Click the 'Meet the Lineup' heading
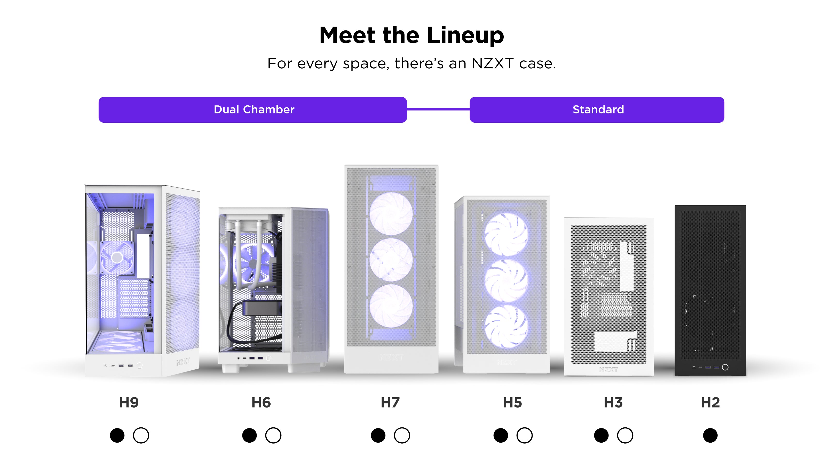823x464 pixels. coord(411,35)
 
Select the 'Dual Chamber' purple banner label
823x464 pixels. coord(254,110)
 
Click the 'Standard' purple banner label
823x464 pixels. coord(598,110)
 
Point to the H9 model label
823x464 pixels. coord(129,403)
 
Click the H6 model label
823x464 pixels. coord(261,403)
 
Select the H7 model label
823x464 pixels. coord(390,403)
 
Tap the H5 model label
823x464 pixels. coord(512,403)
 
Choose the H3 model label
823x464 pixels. coord(613,403)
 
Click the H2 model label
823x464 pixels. coord(710,403)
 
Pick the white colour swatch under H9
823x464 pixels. coord(141,436)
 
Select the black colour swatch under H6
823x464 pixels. coord(250,436)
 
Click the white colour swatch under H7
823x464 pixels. coord(402,436)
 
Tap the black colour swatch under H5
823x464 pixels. coord(501,436)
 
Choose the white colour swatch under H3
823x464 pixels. coord(625,436)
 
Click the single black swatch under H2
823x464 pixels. coord(710,436)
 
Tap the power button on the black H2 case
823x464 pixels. coord(725,367)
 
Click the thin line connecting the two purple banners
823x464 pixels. coord(438,109)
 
